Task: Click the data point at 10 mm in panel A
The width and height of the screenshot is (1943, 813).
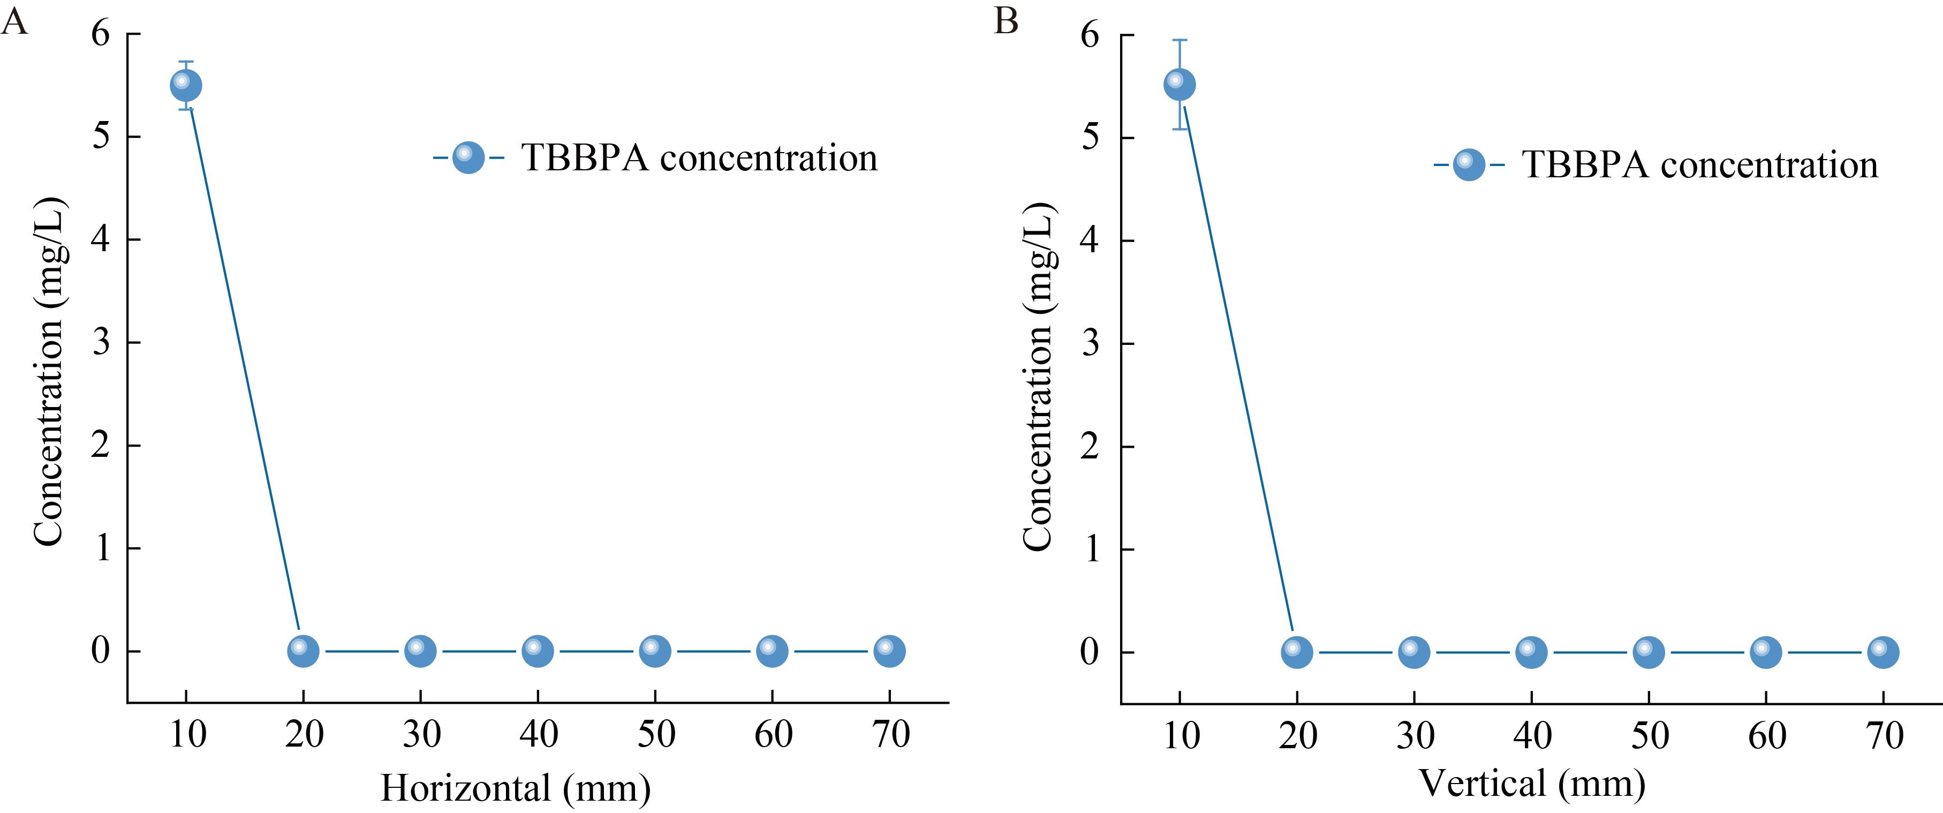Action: [x=186, y=85]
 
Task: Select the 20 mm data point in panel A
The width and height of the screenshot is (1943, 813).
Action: [x=303, y=650]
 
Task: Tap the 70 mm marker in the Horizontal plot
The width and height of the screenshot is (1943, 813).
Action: [x=889, y=650]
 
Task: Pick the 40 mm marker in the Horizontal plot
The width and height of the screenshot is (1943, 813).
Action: [x=538, y=650]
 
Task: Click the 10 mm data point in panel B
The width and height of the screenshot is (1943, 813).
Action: [x=1179, y=85]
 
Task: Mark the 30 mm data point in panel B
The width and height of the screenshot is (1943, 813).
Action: [x=1413, y=652]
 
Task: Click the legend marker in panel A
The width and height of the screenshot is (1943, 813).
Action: [x=468, y=157]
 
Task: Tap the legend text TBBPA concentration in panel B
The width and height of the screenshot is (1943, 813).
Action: [x=1699, y=164]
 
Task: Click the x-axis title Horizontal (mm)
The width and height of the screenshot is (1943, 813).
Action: [x=515, y=788]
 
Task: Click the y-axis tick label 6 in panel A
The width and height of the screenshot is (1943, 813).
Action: [x=100, y=34]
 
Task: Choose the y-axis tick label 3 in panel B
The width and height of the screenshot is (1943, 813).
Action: [x=1090, y=344]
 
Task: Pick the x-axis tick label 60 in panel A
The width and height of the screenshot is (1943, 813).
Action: [x=773, y=734]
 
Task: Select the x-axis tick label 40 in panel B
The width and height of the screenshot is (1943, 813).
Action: [x=1532, y=735]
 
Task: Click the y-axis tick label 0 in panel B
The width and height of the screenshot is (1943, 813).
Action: [x=1090, y=652]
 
